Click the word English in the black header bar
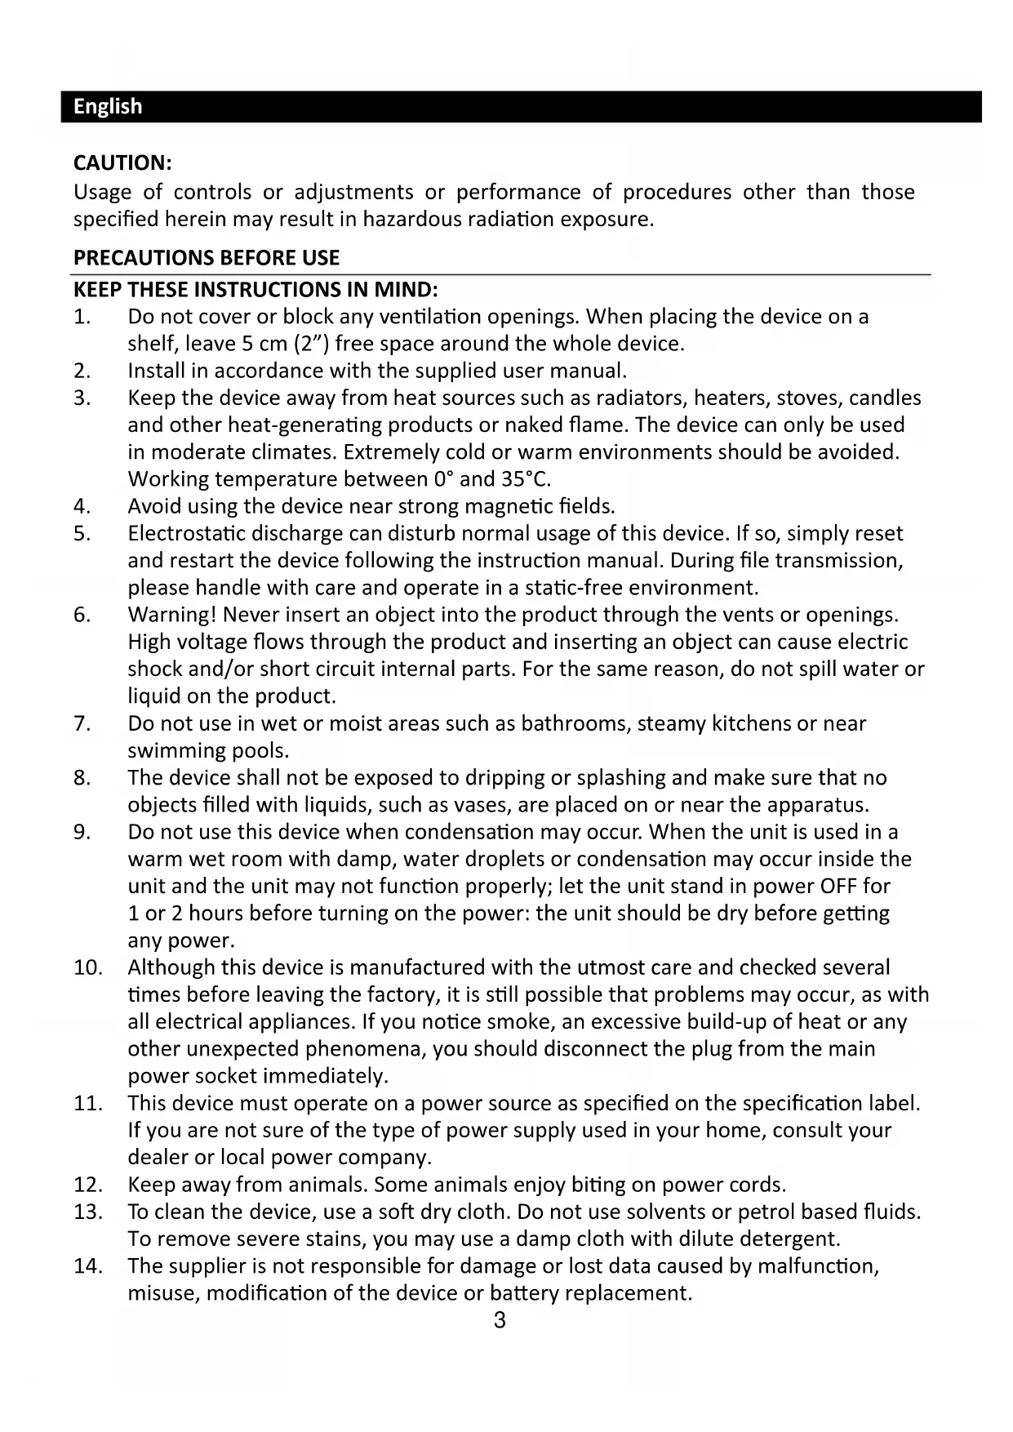[108, 107]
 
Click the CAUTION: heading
[122, 162]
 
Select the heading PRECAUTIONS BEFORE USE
[207, 258]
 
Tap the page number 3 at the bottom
[500, 1320]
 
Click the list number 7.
[82, 723]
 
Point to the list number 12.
[87, 1185]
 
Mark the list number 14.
[87, 1266]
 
